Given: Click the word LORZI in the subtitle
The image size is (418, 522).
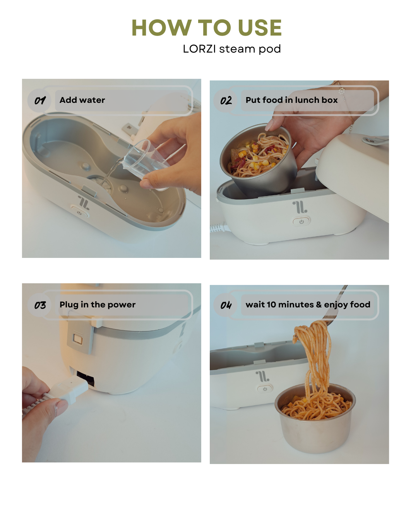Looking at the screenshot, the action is [x=199, y=49].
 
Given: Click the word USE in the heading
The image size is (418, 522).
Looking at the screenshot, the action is [x=259, y=27].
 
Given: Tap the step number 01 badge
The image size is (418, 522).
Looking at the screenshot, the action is [x=39, y=100].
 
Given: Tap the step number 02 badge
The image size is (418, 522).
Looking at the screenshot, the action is [x=226, y=100].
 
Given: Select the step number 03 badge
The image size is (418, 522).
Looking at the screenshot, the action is [x=39, y=305].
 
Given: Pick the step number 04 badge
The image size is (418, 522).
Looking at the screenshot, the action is [x=226, y=305].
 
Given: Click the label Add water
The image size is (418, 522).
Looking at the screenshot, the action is [x=82, y=100].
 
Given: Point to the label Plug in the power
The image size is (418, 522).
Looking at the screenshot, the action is [x=98, y=305].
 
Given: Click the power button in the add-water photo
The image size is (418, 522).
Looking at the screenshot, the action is [x=79, y=213].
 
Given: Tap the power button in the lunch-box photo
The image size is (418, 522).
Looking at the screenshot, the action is [x=301, y=222].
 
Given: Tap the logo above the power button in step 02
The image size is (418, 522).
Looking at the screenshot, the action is [x=300, y=207].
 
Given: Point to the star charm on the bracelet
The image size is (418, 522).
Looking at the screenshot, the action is [x=341, y=91].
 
